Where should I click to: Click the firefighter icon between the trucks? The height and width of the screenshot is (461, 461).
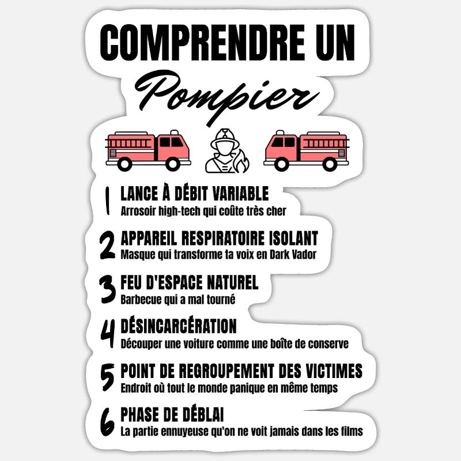click(x=226, y=150)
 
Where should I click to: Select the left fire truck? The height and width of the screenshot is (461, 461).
click(x=148, y=149)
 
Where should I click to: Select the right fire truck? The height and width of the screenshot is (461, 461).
click(x=306, y=149)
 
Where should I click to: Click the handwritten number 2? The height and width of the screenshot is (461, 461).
click(x=107, y=245)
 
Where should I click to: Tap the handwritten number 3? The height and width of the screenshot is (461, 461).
click(x=107, y=289)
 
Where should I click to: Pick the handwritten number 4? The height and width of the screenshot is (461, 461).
click(x=107, y=334)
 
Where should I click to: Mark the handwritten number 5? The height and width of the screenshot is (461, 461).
click(x=107, y=377)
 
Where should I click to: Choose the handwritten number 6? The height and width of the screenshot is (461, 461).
click(x=107, y=422)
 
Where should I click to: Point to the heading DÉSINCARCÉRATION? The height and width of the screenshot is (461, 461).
click(x=179, y=326)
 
